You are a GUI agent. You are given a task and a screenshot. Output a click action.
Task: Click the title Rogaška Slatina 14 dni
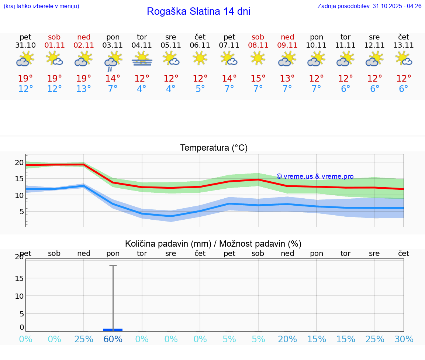[x=198, y=11]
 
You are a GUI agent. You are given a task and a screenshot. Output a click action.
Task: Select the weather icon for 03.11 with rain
[x=113, y=61]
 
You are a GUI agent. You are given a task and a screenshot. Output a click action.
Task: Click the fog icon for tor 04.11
[x=142, y=59]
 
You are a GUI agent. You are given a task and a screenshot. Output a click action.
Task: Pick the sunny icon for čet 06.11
[x=200, y=58]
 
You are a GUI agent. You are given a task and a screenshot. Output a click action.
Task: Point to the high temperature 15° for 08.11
[x=258, y=79]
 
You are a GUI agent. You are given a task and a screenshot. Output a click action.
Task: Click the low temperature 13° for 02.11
[x=84, y=89]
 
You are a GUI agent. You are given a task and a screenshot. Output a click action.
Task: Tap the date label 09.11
[x=287, y=45]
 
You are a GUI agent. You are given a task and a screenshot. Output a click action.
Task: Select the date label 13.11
[x=404, y=45]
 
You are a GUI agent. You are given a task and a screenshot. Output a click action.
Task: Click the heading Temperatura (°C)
[x=214, y=148]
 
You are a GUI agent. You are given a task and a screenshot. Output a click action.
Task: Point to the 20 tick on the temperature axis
[x=19, y=162]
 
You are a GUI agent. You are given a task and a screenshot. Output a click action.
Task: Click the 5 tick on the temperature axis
[x=21, y=212]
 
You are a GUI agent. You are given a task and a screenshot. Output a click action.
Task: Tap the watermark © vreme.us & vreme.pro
[x=315, y=176]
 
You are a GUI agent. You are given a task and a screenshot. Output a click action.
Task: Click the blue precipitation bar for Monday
[x=113, y=330]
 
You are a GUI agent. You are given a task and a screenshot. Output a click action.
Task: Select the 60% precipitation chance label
[x=113, y=339]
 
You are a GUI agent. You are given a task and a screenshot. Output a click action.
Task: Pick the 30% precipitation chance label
[x=404, y=339]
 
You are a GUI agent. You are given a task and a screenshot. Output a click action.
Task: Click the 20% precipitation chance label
[x=287, y=339]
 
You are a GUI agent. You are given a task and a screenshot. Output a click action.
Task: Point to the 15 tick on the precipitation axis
[x=19, y=278]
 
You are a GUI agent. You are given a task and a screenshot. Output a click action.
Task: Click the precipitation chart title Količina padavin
[x=213, y=244]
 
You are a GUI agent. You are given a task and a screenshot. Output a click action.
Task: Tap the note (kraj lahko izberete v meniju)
[x=41, y=6]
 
